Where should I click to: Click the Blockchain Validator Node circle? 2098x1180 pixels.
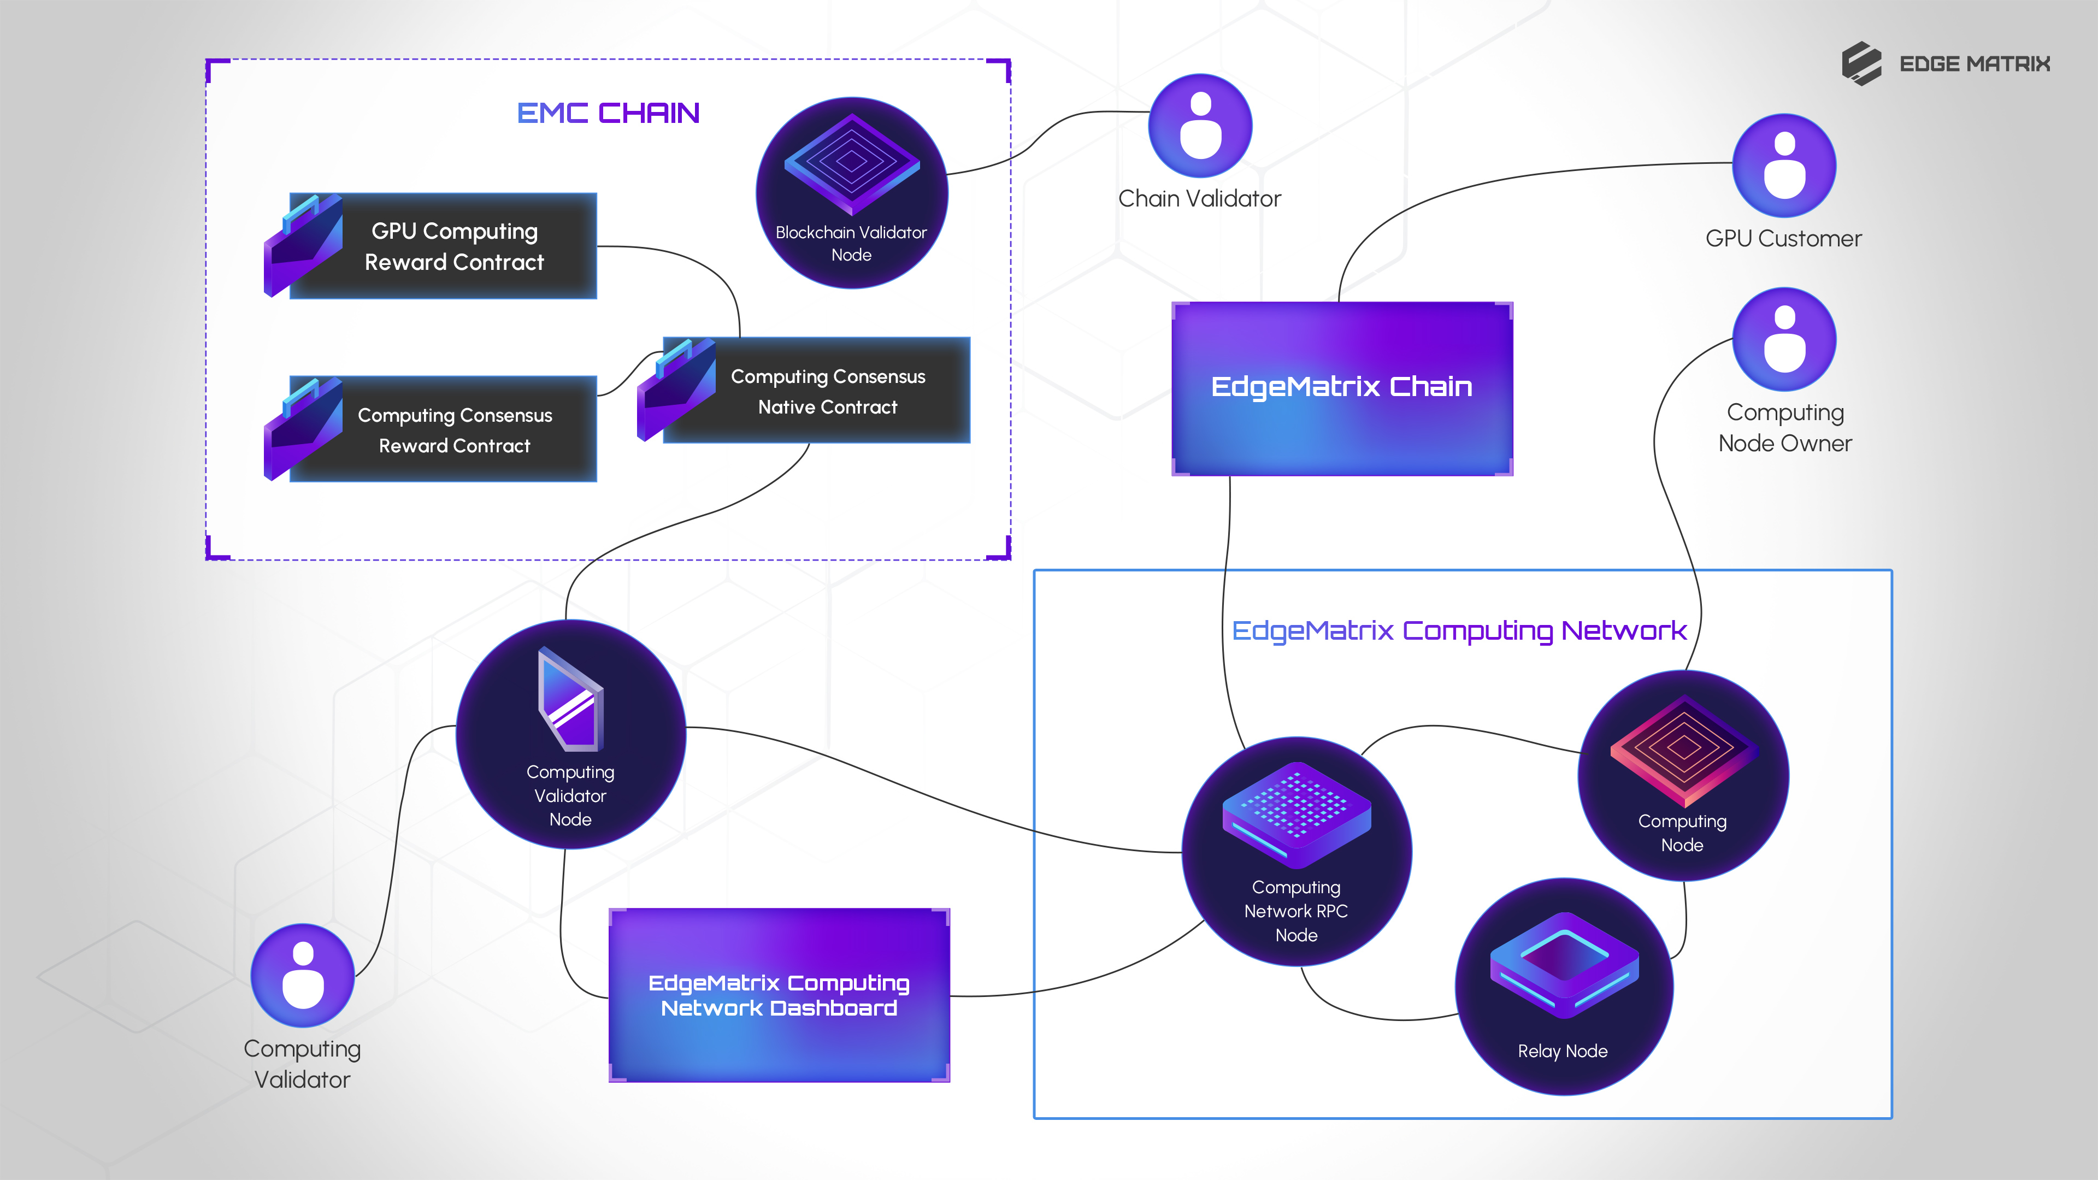click(x=851, y=193)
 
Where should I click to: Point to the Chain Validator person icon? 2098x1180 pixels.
click(x=1200, y=126)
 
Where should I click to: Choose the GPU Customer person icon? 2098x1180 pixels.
click(x=1784, y=166)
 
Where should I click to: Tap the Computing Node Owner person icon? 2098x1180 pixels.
click(x=1784, y=340)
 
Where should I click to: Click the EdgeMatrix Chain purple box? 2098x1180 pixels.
click(x=1341, y=388)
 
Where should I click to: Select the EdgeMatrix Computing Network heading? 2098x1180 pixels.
click(x=1459, y=630)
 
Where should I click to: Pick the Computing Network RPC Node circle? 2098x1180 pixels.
click(x=1296, y=852)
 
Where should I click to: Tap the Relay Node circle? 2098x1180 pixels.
click(x=1563, y=986)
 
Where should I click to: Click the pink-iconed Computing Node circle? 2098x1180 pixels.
click(x=1683, y=775)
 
